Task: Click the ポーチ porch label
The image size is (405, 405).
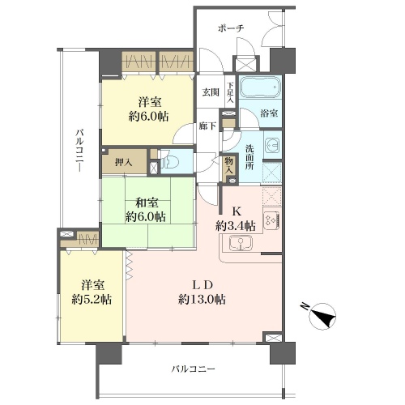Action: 231,28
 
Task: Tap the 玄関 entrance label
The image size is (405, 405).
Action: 211,92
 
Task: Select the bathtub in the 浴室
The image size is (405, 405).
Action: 260,87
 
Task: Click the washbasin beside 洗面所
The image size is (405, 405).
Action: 273,145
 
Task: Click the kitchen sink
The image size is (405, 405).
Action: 241,243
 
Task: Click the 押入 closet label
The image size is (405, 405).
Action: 124,163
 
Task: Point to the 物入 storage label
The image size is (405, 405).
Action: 228,166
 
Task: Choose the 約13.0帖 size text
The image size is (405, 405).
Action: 202,300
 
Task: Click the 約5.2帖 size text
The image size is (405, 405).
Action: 92,300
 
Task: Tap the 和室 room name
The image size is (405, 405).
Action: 147,202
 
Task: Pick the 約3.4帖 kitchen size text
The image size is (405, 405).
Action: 235,226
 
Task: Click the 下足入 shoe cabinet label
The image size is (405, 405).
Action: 231,92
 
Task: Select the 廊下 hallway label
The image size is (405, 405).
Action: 207,126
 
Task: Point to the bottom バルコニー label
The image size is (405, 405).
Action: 194,369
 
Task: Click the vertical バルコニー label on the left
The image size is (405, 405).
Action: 79,151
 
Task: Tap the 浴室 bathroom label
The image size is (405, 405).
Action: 269,113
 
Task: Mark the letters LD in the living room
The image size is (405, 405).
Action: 202,285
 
